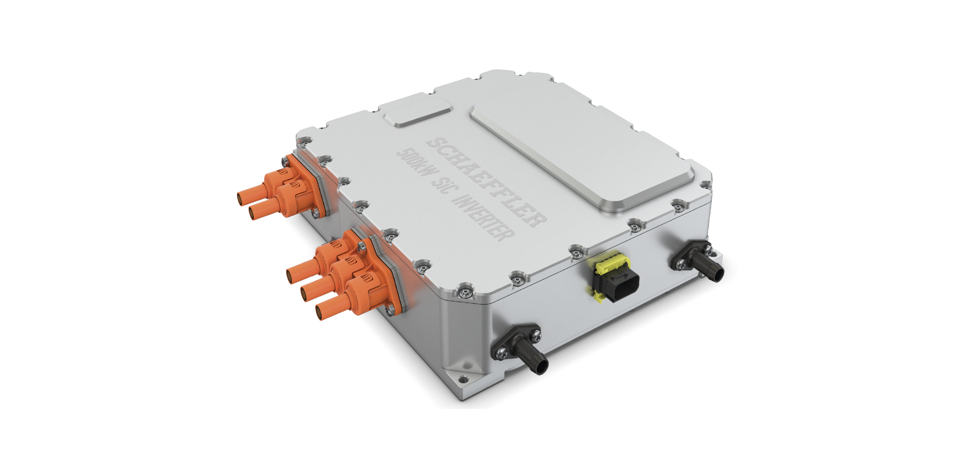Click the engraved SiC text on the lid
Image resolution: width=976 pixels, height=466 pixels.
(x=440, y=186)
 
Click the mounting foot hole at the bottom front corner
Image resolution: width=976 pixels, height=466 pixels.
(x=462, y=379)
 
